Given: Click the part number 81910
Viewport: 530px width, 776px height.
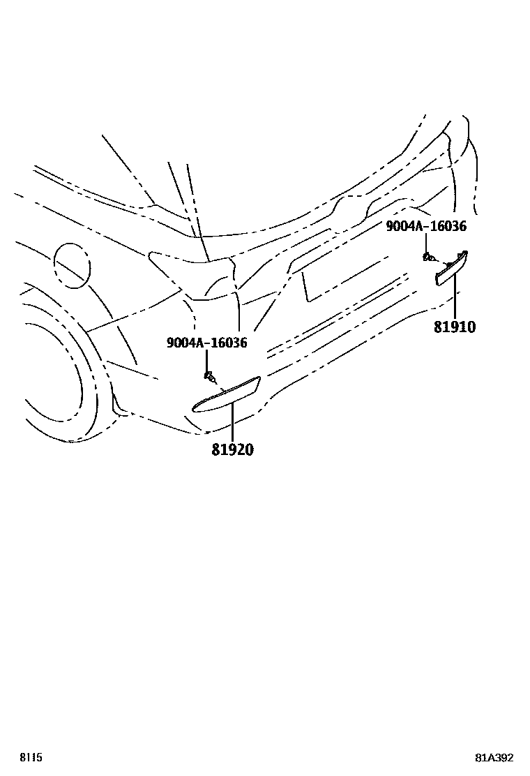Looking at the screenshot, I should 454,326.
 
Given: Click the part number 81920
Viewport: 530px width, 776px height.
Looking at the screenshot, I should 232,449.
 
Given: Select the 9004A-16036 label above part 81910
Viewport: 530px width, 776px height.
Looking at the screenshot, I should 426,226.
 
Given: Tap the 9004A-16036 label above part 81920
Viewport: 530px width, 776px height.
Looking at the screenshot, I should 206,343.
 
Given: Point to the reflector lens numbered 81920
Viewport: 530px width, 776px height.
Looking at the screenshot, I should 225,396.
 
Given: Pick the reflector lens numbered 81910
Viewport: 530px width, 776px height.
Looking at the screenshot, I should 452,268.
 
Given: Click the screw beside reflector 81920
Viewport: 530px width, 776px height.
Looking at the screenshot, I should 208,377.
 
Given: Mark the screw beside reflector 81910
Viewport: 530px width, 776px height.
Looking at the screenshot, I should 427,257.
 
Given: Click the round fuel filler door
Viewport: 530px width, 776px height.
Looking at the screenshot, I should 71,264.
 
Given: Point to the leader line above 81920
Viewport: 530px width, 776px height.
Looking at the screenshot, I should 232,422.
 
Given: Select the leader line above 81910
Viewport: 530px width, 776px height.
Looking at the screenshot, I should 454,297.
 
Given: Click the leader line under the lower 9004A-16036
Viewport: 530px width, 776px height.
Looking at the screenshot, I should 207,361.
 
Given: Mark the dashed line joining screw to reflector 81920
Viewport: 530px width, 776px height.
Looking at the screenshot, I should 218,385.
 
